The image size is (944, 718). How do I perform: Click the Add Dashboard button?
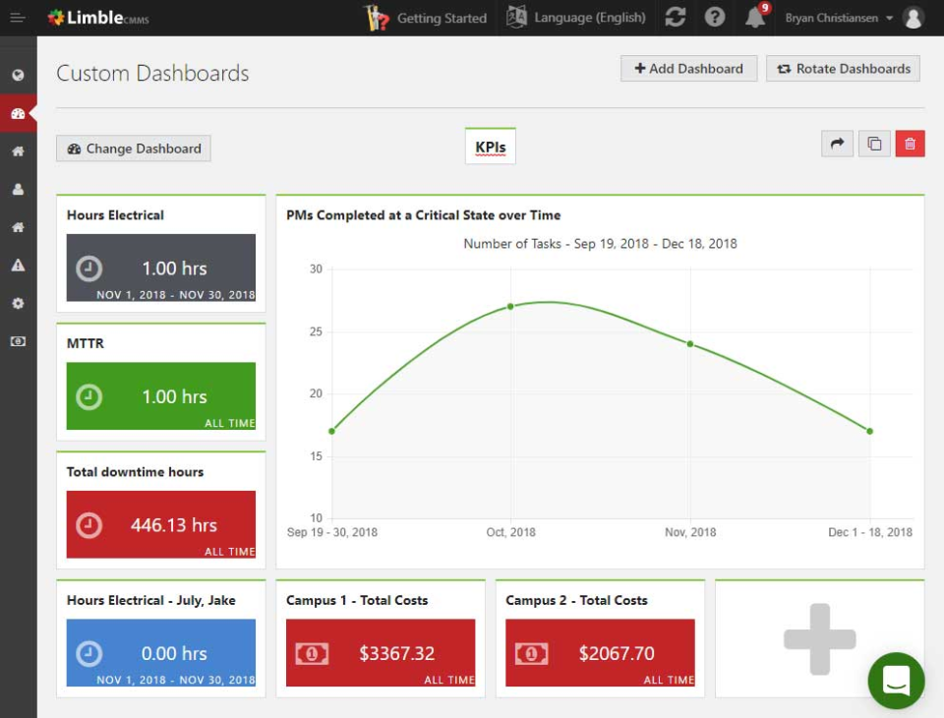(688, 69)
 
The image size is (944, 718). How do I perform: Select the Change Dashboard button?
(134, 149)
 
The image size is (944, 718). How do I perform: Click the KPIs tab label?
(490, 148)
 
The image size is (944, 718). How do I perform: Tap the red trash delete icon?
(910, 144)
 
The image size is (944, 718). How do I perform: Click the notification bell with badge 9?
(755, 18)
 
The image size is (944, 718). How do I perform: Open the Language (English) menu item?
(576, 18)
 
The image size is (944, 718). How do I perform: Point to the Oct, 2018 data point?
(510, 306)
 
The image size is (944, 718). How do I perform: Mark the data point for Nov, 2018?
(690, 343)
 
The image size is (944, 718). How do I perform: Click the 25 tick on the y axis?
(316, 331)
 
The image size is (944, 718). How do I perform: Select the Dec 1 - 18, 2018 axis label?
(869, 532)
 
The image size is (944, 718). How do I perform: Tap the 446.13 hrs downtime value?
(174, 525)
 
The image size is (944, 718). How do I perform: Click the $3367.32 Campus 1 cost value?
(396, 653)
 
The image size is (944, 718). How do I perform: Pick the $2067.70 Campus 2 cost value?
(617, 653)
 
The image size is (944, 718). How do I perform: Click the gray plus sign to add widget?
(819, 639)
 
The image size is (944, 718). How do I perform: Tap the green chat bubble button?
(896, 681)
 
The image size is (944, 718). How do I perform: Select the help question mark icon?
(715, 18)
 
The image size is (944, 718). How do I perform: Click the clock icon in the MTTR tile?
(89, 396)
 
